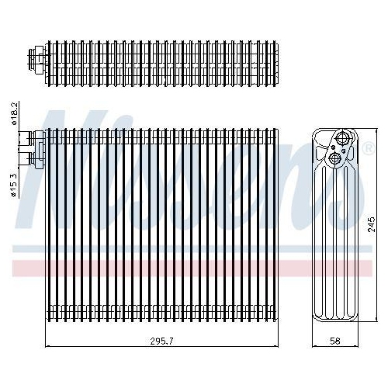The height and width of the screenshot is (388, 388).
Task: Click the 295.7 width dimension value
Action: coord(162,341)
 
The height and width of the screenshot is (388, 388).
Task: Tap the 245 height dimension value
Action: coord(371,224)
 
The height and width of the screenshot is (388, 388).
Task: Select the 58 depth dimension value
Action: coord(335,341)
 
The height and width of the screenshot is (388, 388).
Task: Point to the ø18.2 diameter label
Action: coord(14,114)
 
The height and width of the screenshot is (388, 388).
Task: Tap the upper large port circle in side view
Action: coord(342,137)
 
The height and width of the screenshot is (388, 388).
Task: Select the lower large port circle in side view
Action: coord(334,158)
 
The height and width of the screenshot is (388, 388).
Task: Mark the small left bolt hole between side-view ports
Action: coord(334,147)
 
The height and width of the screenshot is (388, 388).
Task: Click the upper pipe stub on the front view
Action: coord(32,137)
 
